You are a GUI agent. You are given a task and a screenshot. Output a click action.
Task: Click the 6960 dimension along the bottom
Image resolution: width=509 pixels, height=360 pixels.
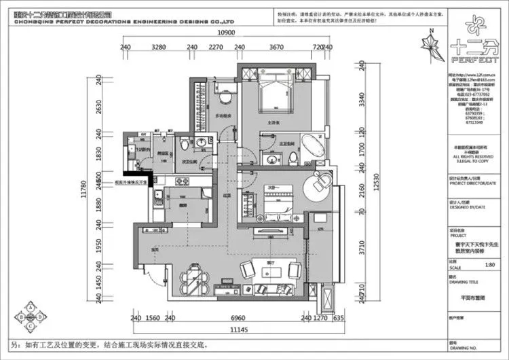click(238, 317)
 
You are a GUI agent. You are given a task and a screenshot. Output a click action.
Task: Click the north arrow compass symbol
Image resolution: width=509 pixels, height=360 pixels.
click(430, 48)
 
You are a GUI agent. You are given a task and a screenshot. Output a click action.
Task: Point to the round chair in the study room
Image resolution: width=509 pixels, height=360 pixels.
click(321, 180)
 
